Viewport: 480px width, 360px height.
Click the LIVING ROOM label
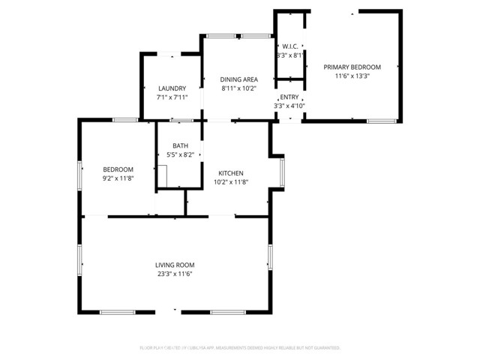(175, 265)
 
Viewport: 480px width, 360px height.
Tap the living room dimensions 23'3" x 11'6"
(175, 274)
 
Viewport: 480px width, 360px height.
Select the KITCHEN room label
(230, 173)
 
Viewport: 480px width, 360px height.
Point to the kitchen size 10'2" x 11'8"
(230, 182)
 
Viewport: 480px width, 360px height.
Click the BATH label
(180, 146)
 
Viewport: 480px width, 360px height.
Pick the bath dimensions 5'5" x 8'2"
(180, 155)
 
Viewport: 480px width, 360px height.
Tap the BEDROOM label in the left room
(118, 169)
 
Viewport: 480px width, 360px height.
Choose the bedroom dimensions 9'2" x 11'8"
(118, 178)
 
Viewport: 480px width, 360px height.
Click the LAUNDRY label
(171, 88)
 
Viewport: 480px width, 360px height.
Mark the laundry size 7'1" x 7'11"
(171, 97)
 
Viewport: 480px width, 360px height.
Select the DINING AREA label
(238, 79)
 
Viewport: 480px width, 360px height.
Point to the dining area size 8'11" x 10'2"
(238, 88)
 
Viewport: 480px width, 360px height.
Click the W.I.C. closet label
(289, 46)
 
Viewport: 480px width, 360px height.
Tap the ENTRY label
(289, 97)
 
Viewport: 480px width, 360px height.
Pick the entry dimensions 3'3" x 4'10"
(289, 106)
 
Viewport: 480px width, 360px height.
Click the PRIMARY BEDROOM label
(352, 67)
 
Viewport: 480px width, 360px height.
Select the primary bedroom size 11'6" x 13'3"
(352, 76)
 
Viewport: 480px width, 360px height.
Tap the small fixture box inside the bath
(163, 175)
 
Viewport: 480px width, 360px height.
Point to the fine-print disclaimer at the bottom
(240, 348)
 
